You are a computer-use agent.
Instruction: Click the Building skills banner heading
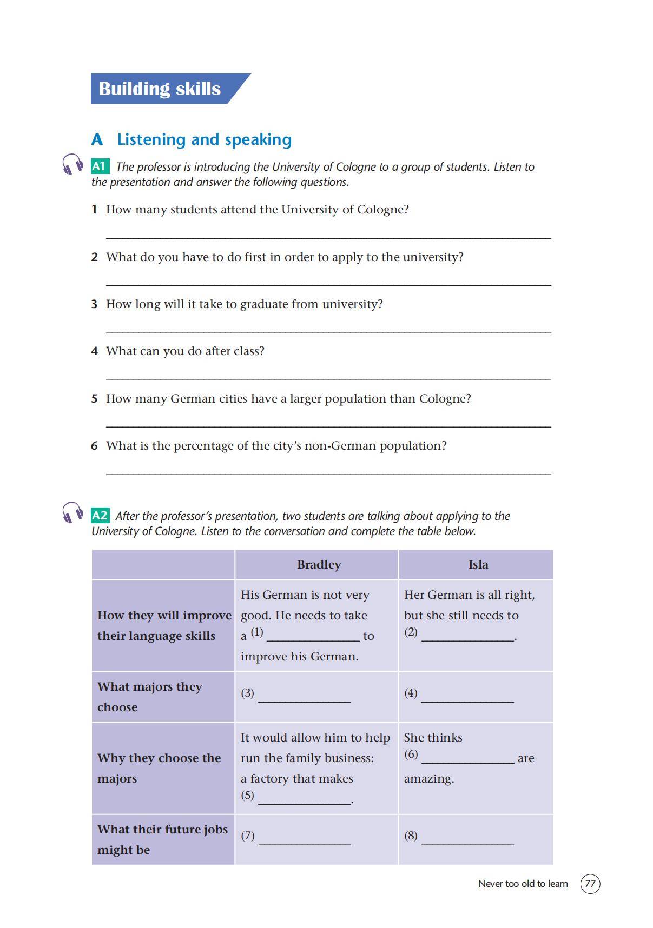point(160,89)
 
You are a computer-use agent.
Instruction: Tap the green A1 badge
point(100,166)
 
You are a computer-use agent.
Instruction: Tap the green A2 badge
point(100,516)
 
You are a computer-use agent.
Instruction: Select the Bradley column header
point(319,565)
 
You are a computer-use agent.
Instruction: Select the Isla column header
point(478,565)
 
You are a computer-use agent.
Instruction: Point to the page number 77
point(590,884)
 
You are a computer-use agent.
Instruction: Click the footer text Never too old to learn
point(523,884)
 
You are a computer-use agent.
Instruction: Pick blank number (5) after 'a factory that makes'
point(304,800)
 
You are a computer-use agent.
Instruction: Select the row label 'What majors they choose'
point(150,697)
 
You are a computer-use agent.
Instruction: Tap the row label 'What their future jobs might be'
point(162,839)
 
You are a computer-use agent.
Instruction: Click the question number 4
point(95,351)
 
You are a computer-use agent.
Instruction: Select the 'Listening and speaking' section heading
point(204,139)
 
